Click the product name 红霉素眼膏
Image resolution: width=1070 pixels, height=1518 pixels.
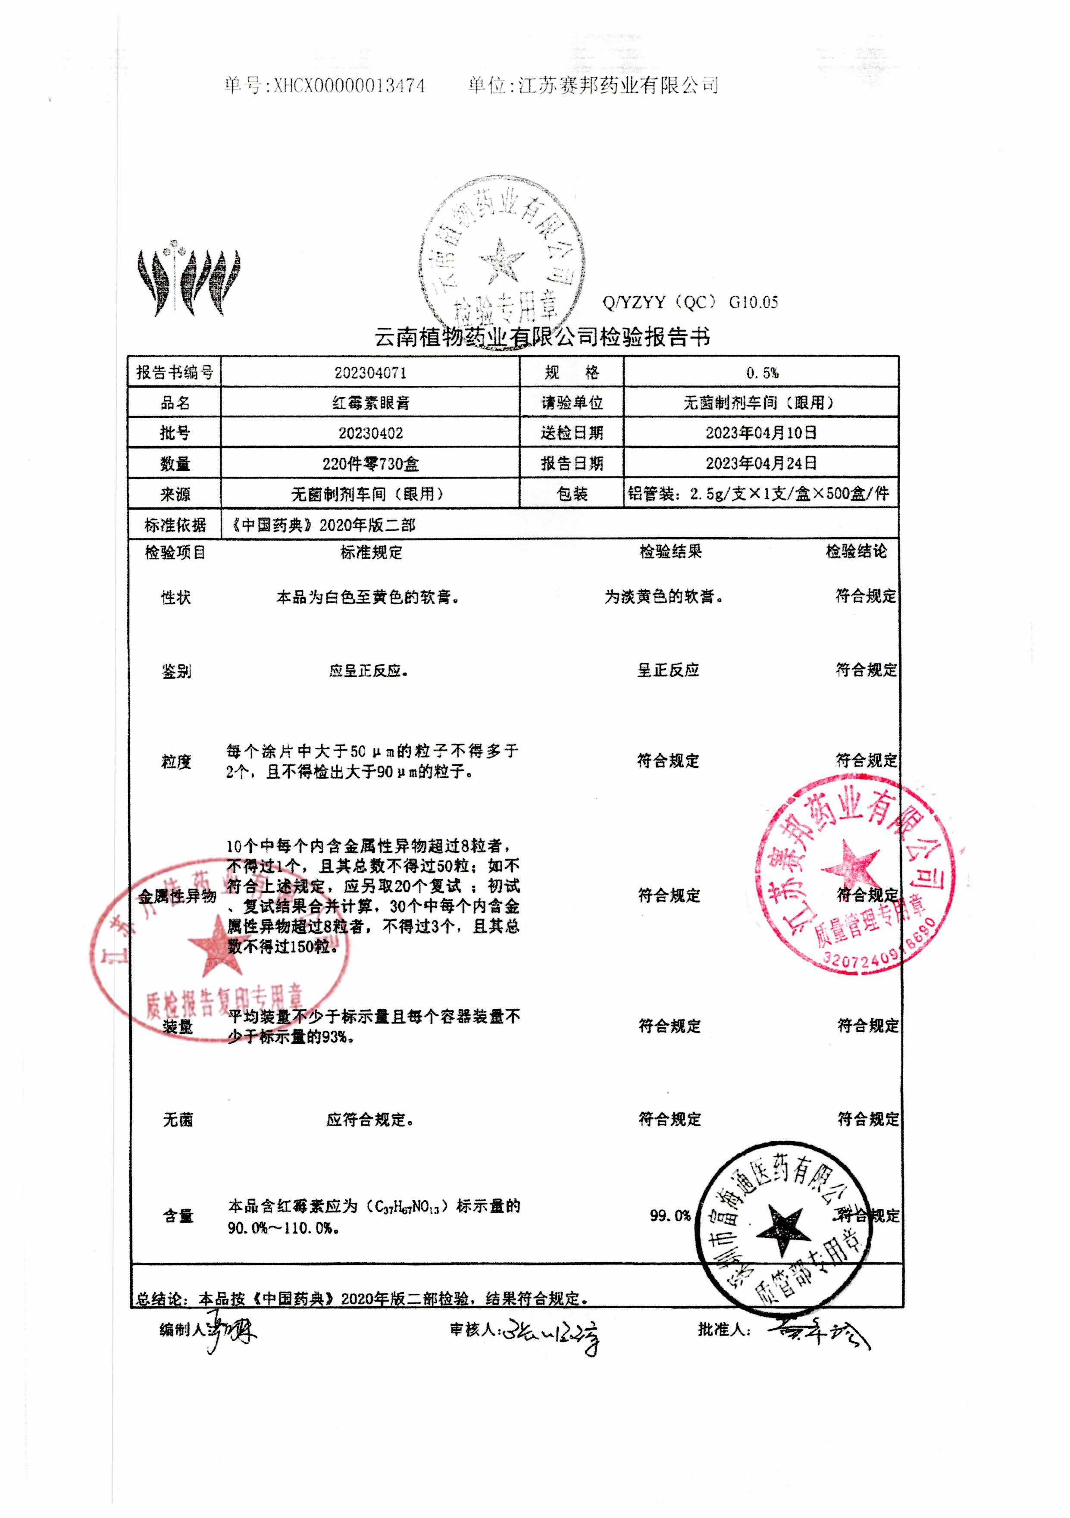pyautogui.click(x=370, y=403)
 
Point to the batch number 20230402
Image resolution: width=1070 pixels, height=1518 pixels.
pyautogui.click(x=370, y=433)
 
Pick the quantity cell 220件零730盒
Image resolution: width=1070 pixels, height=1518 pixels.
pyautogui.click(x=370, y=463)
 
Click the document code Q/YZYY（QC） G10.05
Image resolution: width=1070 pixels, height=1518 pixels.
pyautogui.click(x=690, y=303)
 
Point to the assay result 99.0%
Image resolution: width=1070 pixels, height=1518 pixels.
pyautogui.click(x=670, y=1215)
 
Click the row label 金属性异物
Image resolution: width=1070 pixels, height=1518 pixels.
pyautogui.click(x=177, y=896)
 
